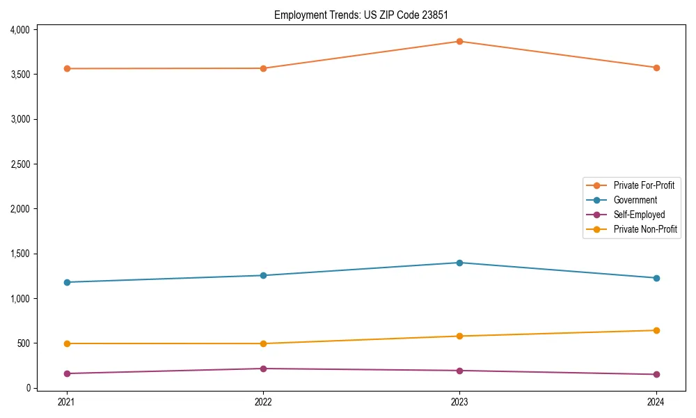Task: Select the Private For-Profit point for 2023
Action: [459, 41]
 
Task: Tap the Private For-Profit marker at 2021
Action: [67, 68]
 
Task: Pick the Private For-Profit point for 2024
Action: [656, 68]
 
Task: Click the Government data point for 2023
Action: [459, 263]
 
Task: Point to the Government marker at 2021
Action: [67, 282]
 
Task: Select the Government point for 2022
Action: [263, 275]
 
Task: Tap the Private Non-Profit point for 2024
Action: [656, 330]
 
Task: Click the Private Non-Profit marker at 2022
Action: [263, 343]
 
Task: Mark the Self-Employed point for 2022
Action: [263, 369]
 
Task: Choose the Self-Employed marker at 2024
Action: [656, 374]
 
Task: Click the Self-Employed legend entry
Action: [639, 215]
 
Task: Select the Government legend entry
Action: [635, 200]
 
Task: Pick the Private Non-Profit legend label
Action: [645, 229]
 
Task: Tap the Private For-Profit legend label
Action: [644, 185]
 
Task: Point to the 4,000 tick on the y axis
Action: [19, 30]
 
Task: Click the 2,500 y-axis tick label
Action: [19, 164]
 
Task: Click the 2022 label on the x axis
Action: [263, 401]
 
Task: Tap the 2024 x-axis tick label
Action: [656, 401]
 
